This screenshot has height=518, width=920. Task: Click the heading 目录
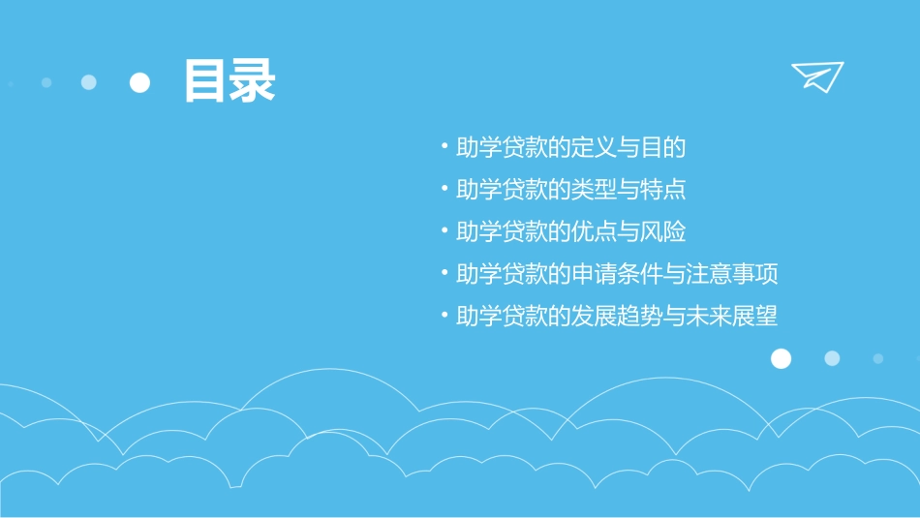coord(230,81)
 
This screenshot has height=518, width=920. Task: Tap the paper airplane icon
coord(817,76)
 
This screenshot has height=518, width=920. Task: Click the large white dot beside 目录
coord(140,83)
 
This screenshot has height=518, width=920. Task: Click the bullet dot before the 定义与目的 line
coord(445,148)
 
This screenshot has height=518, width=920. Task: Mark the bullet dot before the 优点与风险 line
coord(445,232)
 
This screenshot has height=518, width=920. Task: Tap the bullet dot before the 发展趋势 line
coord(445,317)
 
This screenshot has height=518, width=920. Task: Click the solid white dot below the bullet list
coord(781,359)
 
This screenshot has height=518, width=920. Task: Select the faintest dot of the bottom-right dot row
coord(878,358)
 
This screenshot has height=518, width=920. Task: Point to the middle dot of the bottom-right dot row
coord(832,358)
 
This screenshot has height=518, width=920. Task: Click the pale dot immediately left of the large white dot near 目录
coord(89,82)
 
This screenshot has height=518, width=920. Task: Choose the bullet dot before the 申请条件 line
coord(445,275)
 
